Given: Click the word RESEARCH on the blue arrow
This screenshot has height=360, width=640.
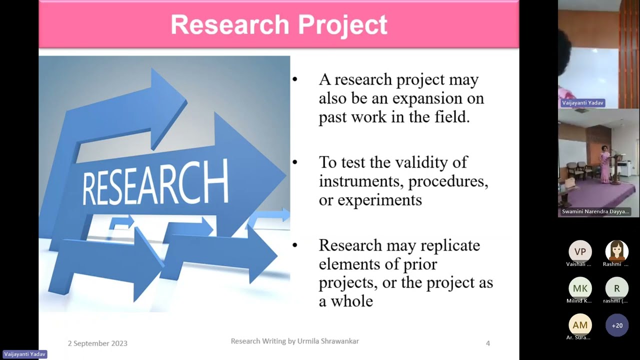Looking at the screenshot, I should point(155,183).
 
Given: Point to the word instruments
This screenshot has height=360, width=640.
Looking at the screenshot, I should point(358,181).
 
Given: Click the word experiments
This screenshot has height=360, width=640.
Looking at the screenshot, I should point(379,200).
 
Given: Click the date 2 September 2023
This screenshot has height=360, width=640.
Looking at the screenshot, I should point(97,343).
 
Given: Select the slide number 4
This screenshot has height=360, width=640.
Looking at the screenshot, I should point(488,343).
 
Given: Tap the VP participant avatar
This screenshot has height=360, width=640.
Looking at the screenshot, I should point(580,251).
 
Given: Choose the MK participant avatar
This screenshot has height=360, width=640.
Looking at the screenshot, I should point(580,288).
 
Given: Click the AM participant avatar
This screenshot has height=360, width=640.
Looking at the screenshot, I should point(580,325).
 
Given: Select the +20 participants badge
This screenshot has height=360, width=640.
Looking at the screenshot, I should point(617,325).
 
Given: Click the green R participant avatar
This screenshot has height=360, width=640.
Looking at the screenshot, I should point(616,288).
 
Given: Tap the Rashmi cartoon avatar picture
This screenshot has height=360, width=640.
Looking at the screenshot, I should point(616,251).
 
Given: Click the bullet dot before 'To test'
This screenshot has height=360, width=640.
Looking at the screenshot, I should point(295,162).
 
